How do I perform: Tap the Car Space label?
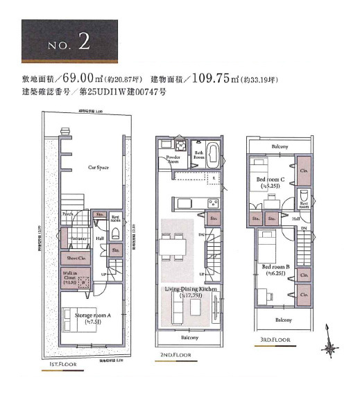point(97,167)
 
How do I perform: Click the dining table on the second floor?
point(173,243)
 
